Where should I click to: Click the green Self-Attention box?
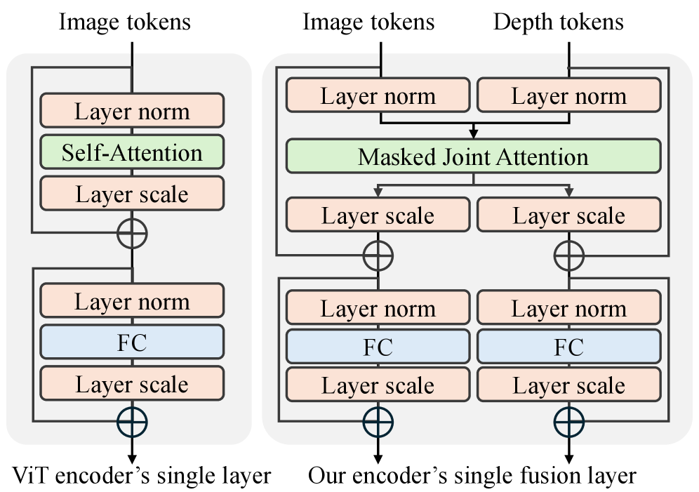click(x=132, y=152)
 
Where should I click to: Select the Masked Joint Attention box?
click(x=473, y=157)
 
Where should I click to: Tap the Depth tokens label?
click(x=558, y=22)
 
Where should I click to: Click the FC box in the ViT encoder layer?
click(x=132, y=343)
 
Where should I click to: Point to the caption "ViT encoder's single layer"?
click(x=142, y=476)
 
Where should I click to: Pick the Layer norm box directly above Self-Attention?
click(x=132, y=110)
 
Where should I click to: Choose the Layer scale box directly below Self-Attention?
click(x=132, y=194)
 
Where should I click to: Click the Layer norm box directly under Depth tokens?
click(x=569, y=95)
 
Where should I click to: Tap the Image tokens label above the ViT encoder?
click(x=125, y=22)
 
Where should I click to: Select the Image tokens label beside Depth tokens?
click(x=368, y=22)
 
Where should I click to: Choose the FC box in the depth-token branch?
click(x=569, y=347)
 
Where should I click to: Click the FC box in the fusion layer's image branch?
click(x=378, y=347)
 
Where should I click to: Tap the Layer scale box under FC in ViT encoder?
click(x=132, y=384)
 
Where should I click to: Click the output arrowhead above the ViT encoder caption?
click(x=132, y=459)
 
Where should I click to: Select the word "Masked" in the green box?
click(x=397, y=157)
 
